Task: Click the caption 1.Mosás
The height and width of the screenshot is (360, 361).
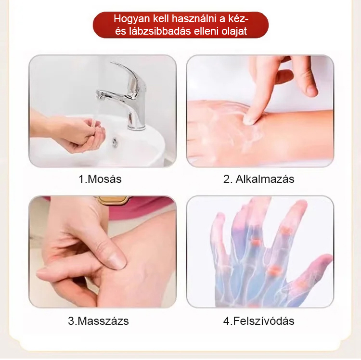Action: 100,179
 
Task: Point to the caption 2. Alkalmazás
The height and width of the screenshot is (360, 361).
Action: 258,179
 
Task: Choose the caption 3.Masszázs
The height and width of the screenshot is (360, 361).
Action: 98,321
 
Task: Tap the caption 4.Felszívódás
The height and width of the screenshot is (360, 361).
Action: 258,321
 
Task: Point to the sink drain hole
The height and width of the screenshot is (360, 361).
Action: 115,142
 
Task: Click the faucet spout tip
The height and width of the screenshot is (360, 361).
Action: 100,95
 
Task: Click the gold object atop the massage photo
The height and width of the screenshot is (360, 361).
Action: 113,200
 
